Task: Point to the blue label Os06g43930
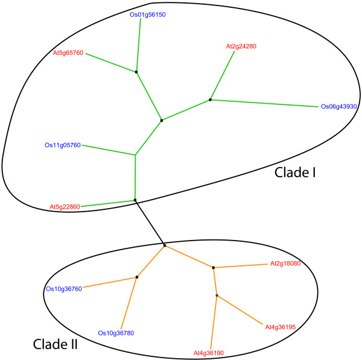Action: coord(339,107)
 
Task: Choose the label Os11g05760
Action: coord(62,145)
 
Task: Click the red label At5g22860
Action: coord(65,207)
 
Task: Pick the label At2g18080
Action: coord(285,264)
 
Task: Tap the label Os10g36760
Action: coord(63,288)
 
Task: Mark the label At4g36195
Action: coord(281,327)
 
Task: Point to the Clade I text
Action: coord(296,172)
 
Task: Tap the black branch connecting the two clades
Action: coord(150,223)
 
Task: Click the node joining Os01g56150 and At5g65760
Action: coord(136,72)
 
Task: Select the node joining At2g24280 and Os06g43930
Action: coord(210,99)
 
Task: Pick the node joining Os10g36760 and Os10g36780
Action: coord(137,277)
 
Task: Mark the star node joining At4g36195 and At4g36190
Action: coord(217,295)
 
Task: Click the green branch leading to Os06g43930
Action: coord(265,103)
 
